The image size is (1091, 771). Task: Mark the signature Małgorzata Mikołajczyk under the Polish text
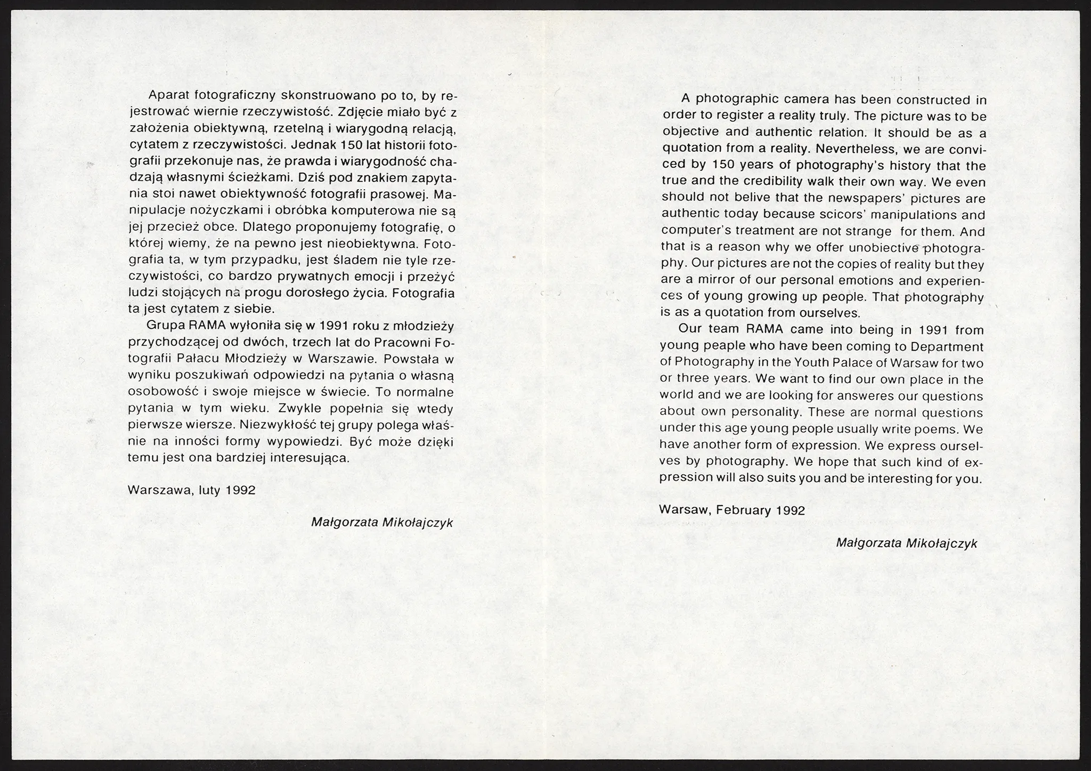(x=382, y=522)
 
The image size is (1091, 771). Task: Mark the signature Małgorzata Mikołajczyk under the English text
(x=907, y=543)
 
